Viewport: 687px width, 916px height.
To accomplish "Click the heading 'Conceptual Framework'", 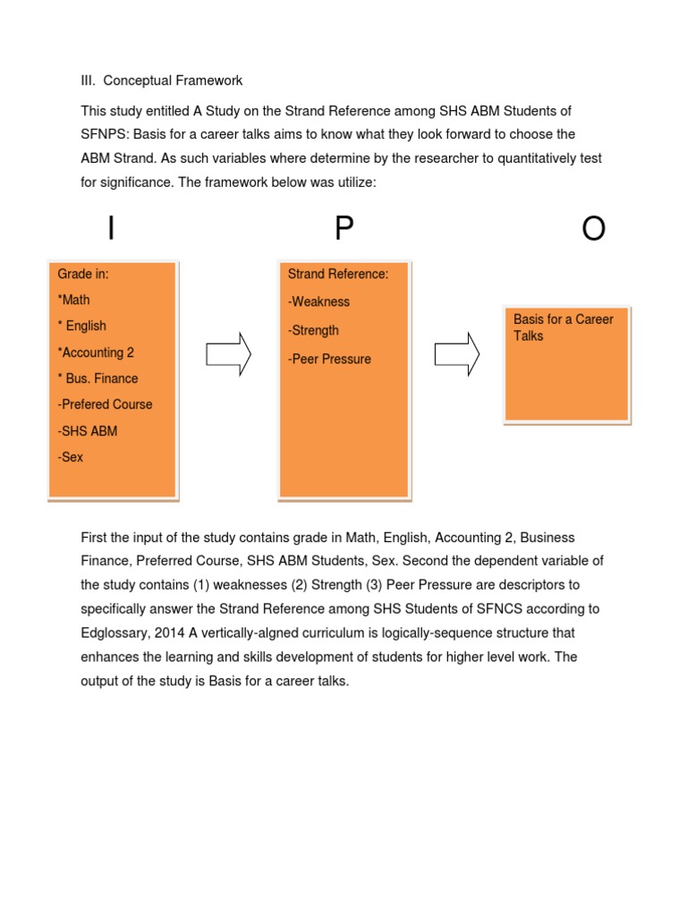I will (x=172, y=81).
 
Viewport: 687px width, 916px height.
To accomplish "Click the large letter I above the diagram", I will (x=111, y=230).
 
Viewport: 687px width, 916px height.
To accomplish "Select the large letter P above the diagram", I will (x=344, y=230).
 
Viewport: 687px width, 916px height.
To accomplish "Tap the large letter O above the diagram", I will (x=593, y=230).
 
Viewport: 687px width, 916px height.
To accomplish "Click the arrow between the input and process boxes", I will (x=228, y=355).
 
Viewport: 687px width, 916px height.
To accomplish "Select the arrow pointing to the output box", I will (x=456, y=355).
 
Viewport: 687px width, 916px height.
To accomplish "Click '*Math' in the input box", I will (x=74, y=300).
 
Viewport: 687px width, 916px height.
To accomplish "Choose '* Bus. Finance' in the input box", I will (x=98, y=378).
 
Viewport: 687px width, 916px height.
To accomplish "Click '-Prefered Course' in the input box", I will (x=105, y=404).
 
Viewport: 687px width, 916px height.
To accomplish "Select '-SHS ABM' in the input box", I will (x=88, y=431).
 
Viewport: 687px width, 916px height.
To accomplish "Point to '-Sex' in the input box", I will (x=71, y=457).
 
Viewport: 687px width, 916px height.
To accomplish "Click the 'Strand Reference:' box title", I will (x=338, y=274).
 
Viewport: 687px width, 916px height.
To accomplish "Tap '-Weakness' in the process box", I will (x=318, y=301).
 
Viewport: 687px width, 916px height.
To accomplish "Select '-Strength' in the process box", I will (x=313, y=330).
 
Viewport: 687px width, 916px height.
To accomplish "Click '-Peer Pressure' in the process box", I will (x=329, y=359).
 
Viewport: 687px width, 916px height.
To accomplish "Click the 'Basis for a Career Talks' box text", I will (x=563, y=327).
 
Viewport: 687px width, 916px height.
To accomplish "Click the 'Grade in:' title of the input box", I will (x=83, y=274).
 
